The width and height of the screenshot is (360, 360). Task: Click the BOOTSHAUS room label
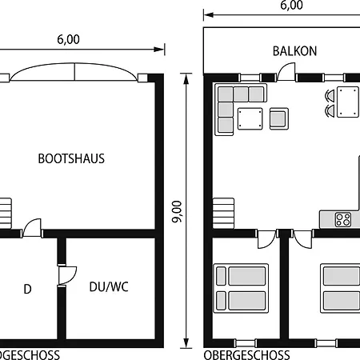coord(71,158)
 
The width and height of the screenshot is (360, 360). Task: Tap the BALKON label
coord(294,51)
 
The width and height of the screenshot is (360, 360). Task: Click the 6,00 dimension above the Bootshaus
coord(69,39)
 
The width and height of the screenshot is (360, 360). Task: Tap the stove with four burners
coord(344,218)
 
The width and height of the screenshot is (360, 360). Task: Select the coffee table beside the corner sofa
coord(250,118)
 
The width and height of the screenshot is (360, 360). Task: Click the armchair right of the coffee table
coord(278,118)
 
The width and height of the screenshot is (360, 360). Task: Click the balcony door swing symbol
coord(286,73)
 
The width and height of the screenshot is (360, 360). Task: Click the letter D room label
coord(27,289)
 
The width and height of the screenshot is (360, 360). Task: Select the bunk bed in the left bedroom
coord(240,288)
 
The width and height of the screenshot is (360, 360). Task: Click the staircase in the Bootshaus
coord(6,214)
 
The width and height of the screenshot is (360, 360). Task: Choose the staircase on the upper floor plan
coord(225,214)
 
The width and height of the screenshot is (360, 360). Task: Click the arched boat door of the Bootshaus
coord(74,73)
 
